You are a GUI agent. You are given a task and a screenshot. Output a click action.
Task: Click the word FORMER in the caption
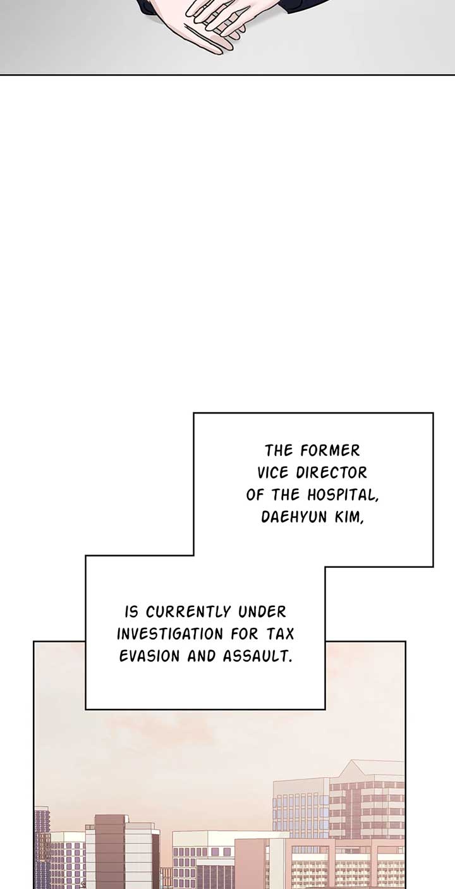330,451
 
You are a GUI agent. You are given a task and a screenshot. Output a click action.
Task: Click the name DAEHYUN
294,517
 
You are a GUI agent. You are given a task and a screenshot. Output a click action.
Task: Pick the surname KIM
349,517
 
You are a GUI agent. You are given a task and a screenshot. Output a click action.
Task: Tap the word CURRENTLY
188,611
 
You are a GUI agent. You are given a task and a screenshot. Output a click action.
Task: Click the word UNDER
262,611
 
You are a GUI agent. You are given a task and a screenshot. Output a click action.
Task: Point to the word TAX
280,634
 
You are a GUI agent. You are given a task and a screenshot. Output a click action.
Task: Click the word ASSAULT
257,656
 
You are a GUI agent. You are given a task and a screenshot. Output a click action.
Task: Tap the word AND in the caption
201,656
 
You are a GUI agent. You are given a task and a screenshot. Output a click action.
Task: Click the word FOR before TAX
245,634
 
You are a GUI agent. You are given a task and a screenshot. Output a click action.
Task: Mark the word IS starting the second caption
131,611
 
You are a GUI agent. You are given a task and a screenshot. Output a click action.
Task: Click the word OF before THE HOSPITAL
254,495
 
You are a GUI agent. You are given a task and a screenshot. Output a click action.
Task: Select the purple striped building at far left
42,845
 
